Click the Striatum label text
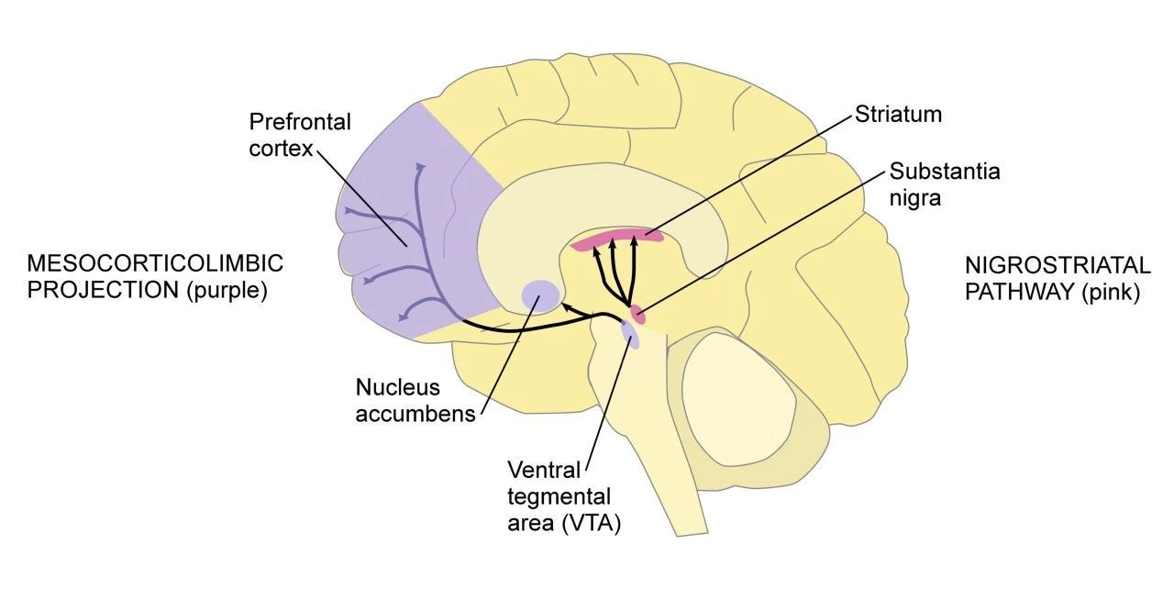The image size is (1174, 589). click(x=898, y=115)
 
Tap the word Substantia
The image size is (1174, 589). click(x=945, y=172)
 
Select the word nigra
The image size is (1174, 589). click(x=915, y=199)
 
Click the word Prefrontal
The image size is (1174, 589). click(x=300, y=122)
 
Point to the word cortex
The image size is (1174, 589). click(x=281, y=149)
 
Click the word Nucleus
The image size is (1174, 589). click(x=398, y=388)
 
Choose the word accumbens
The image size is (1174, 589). click(x=415, y=415)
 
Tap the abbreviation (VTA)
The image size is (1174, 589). click(x=592, y=524)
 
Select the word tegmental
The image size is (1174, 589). click(x=559, y=496)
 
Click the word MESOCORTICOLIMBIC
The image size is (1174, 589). click(x=155, y=263)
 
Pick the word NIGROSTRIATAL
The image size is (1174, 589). click(x=1058, y=266)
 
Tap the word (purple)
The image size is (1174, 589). click(x=227, y=291)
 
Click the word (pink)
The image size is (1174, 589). click(x=1111, y=293)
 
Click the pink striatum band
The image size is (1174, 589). click(x=617, y=239)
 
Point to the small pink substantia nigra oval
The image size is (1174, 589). click(x=637, y=314)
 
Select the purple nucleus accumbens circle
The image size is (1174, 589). click(x=541, y=295)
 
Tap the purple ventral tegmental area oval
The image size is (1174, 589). click(x=630, y=336)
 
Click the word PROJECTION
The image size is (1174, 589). click(x=104, y=290)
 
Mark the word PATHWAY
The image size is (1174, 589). click(x=1020, y=293)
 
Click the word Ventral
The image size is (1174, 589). click(x=544, y=470)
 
